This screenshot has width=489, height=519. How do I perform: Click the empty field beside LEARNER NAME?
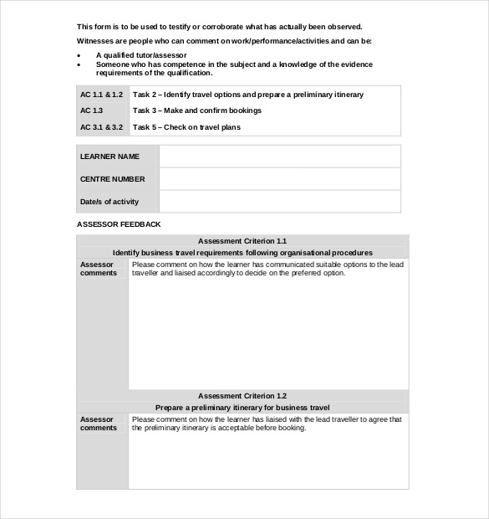[x=279, y=157]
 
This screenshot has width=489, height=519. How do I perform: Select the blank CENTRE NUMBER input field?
[x=279, y=179]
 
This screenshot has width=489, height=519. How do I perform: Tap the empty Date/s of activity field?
[x=279, y=202]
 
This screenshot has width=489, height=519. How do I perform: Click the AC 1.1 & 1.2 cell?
[x=101, y=95]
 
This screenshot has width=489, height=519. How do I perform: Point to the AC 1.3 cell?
[x=92, y=110]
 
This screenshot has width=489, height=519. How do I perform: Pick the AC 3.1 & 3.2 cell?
[x=101, y=127]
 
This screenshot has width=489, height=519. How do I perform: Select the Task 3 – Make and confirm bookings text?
[x=197, y=110]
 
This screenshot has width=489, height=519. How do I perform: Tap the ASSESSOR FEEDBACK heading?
[x=119, y=224]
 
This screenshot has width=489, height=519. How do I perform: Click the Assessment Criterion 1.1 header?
[x=242, y=240]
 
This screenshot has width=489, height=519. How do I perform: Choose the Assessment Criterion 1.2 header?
[x=242, y=395]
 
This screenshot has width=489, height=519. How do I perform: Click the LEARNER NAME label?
[x=110, y=157]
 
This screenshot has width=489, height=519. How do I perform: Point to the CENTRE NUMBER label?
[x=112, y=179]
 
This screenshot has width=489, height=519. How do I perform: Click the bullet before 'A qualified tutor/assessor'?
[x=79, y=54]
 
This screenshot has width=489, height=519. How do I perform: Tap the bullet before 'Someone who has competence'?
[x=79, y=64]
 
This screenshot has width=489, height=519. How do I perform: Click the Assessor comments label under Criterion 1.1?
[x=99, y=269]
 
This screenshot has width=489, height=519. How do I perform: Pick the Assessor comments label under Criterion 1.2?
[x=99, y=424]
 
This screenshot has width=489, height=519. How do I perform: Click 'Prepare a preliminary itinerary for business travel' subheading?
[x=242, y=407]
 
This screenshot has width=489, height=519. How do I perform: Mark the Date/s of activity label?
[x=110, y=202]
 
